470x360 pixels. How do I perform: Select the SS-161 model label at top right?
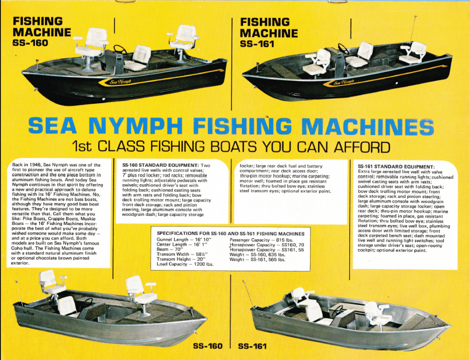257,44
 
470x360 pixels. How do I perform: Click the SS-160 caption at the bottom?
207,346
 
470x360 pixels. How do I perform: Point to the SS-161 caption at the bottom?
252,346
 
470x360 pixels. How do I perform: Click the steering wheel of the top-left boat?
120,49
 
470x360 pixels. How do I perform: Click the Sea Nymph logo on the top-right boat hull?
343,83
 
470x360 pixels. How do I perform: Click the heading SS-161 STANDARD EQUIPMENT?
396,167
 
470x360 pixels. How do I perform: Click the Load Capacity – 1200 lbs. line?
185,264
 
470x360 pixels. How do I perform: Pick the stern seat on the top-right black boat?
318,62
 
